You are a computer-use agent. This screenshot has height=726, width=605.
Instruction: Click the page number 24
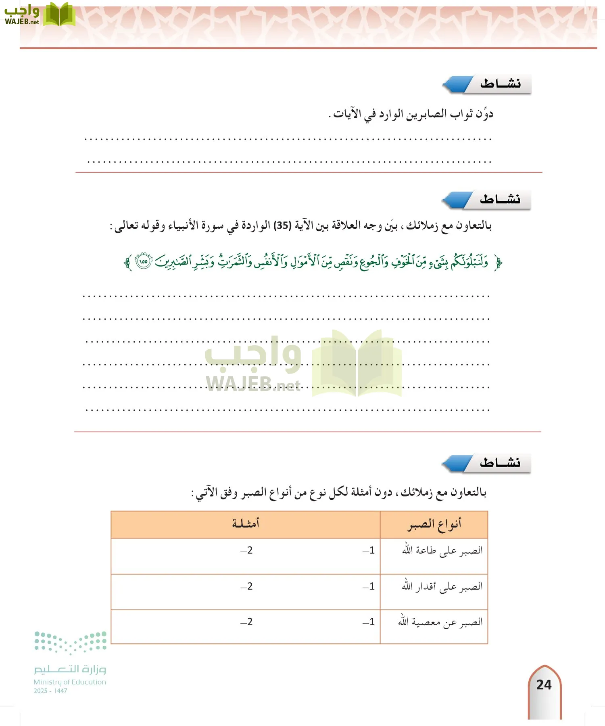(544, 684)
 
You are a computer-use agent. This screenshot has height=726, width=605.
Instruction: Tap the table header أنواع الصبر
(434, 524)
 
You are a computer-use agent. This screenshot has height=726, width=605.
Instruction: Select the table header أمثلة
(245, 524)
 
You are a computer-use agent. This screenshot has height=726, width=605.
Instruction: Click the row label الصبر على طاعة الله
(442, 551)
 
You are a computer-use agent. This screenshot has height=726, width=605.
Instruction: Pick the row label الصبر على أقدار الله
(442, 586)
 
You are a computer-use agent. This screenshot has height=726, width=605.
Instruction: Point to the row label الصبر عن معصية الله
(440, 622)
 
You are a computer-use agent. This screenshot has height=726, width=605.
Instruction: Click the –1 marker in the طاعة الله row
(369, 551)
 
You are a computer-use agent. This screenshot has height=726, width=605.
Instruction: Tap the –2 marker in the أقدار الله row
(246, 586)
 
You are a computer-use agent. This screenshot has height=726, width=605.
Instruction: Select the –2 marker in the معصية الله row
(246, 622)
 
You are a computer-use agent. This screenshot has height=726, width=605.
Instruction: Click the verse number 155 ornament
(143, 261)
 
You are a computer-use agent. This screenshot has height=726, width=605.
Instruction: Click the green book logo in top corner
(59, 15)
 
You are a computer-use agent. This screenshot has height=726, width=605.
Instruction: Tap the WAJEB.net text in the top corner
(22, 22)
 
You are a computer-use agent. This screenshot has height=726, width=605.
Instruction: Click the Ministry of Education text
(70, 682)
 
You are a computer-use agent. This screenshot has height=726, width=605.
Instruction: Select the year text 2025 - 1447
(50, 691)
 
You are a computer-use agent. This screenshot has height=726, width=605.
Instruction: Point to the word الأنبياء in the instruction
(183, 225)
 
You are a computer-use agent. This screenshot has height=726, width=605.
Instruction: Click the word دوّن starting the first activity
(484, 114)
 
